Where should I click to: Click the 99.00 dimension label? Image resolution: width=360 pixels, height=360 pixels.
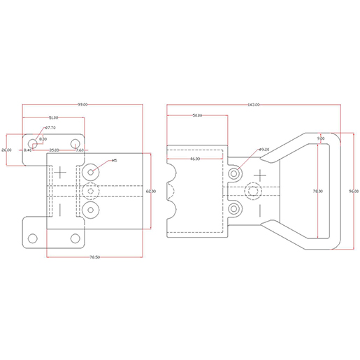tap(82, 104)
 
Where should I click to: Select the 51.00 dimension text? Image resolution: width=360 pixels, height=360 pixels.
tap(53, 117)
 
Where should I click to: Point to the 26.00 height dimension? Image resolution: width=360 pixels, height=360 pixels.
tap(6, 150)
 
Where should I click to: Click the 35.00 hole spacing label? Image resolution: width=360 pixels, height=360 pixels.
tap(54, 150)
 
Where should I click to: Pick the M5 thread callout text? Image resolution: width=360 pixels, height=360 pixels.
tap(114, 161)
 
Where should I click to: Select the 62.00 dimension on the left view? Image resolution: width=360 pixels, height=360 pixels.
tap(150, 191)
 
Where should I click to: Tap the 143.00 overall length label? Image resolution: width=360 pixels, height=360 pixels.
tap(254, 104)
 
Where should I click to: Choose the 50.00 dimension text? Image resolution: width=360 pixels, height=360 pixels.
tap(196, 115)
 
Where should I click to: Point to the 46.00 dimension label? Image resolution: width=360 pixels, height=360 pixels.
tap(195, 159)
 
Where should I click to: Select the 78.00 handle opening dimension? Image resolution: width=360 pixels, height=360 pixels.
tap(318, 191)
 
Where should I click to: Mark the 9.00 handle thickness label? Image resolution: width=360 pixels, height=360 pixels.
tap(321, 140)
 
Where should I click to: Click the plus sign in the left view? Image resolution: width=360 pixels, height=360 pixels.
tap(62, 171)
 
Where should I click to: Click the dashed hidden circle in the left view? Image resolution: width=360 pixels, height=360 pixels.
tap(91, 191)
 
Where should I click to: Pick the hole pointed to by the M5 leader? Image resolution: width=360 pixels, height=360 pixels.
tap(91, 171)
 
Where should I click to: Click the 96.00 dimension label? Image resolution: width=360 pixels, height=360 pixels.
tap(354, 191)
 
